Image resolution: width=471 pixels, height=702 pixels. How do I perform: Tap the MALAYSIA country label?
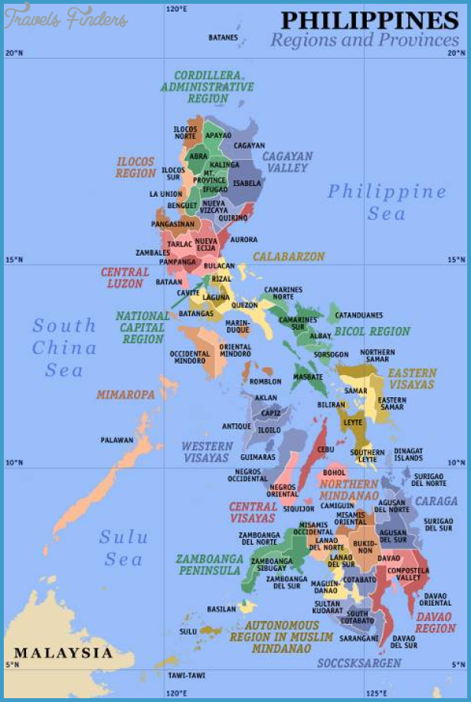point(64,653)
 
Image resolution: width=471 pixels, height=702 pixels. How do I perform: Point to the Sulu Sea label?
point(123,548)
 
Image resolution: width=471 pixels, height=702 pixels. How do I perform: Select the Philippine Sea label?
point(386,202)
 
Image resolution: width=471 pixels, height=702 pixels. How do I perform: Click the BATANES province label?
point(223,38)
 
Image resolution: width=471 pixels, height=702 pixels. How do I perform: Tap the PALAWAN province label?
point(116,440)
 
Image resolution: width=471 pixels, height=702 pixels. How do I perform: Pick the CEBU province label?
point(325,449)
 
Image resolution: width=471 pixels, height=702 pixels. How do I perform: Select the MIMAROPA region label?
point(126,395)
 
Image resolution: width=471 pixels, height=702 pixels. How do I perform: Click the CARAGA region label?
point(436,501)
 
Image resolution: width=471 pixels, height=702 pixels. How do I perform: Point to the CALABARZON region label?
point(289,256)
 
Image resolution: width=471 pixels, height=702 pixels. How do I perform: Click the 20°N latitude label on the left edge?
point(14,54)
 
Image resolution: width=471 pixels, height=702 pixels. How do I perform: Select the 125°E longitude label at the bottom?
point(375,694)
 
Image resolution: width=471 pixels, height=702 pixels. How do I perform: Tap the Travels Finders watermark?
point(65,19)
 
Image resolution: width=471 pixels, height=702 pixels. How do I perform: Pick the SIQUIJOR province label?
point(299,508)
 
